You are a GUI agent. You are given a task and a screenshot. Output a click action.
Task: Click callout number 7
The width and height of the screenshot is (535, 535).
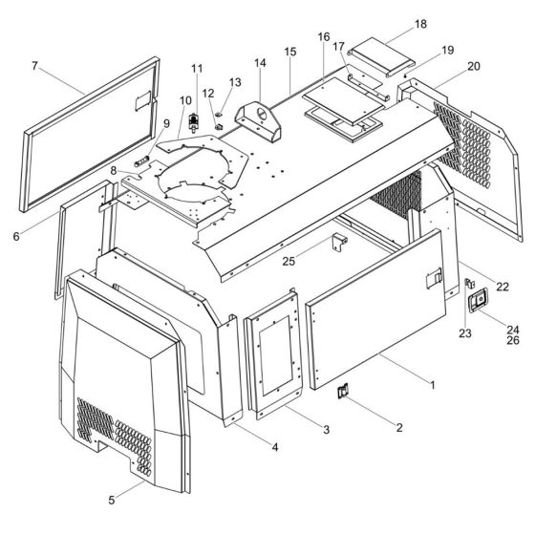34,66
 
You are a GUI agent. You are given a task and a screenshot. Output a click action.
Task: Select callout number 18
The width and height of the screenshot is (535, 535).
420,24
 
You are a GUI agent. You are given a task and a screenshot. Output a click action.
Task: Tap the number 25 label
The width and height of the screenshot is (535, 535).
289,262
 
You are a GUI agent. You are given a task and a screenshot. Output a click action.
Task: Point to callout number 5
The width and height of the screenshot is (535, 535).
112,501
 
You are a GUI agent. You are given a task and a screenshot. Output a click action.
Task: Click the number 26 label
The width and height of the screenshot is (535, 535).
513,340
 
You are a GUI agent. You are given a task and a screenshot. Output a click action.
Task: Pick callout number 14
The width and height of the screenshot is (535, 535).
260,63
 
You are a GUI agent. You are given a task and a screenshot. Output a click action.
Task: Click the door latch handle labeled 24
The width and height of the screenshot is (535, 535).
477,300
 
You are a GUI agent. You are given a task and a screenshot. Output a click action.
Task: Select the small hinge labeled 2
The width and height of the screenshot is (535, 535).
343,391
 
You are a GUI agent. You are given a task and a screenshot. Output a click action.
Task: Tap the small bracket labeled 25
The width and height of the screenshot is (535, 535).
340,241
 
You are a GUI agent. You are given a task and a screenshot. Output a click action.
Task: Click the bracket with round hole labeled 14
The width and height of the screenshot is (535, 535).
258,121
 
